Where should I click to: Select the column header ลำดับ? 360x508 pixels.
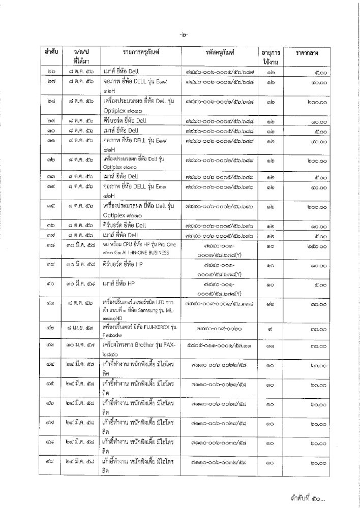pos(51,52)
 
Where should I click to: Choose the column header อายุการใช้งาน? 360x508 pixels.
pos(273,56)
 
